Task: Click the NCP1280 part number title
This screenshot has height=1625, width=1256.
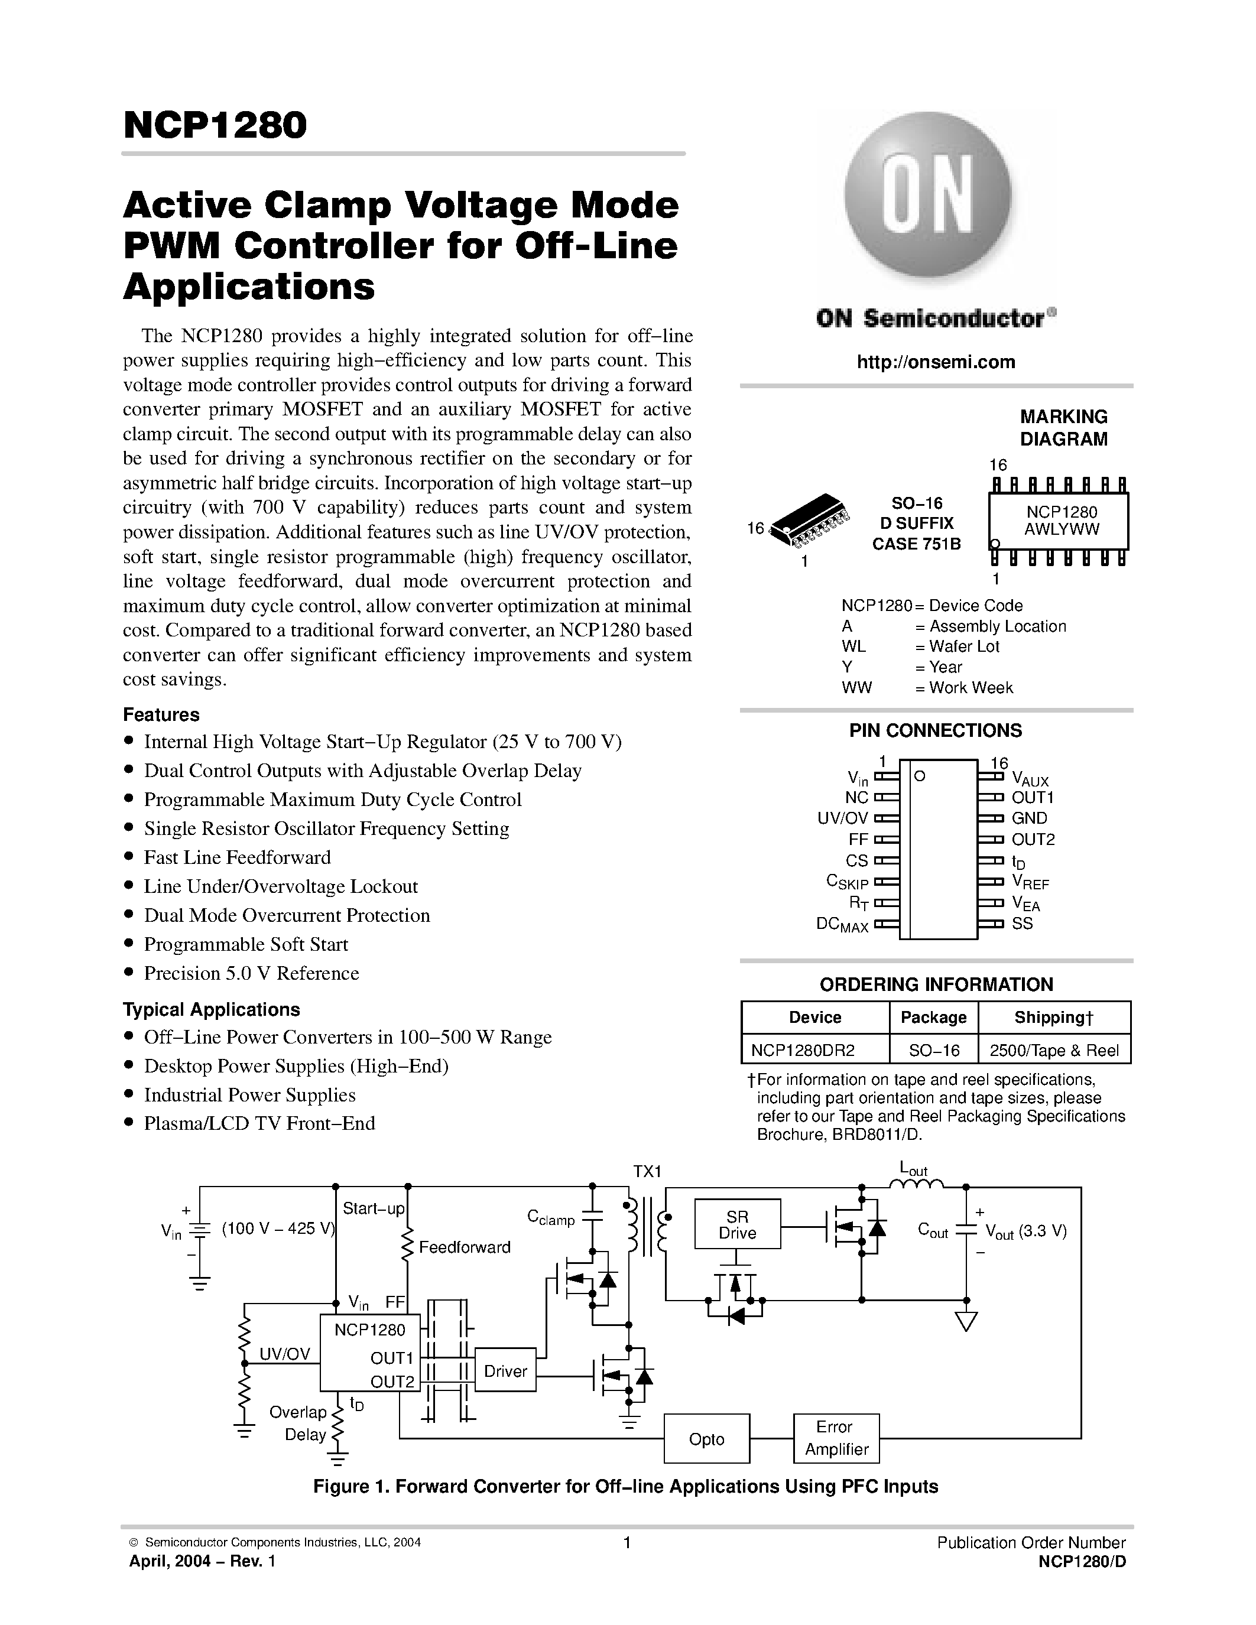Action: click(215, 125)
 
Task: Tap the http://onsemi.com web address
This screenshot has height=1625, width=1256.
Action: click(935, 362)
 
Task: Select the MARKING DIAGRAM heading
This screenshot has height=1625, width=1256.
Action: click(1063, 428)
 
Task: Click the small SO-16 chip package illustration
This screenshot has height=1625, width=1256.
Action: click(810, 516)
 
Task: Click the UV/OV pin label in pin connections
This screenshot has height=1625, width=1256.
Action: click(842, 818)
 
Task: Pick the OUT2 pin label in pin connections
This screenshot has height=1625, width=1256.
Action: click(1033, 839)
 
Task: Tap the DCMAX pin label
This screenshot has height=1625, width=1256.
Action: click(842, 925)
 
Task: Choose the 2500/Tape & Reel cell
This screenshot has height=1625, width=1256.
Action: click(1054, 1050)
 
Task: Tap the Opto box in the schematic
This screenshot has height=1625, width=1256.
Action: click(706, 1439)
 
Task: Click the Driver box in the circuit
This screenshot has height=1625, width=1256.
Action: click(505, 1370)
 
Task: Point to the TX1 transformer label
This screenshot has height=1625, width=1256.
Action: click(647, 1171)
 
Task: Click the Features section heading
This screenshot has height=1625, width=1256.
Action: click(161, 714)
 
